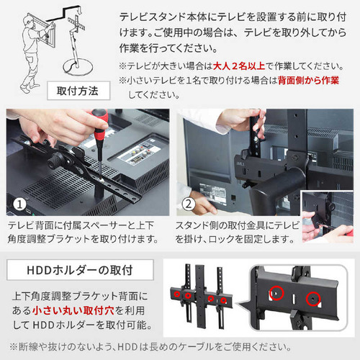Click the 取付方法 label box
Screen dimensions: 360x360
tap(78, 91)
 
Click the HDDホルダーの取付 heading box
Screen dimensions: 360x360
tap(80, 270)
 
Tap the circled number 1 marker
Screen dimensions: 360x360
tap(19, 204)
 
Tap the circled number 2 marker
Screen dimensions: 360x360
tap(189, 204)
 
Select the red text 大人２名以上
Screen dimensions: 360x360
tap(239, 66)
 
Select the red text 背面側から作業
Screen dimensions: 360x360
tap(308, 81)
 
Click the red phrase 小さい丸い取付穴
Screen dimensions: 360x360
tap(73, 310)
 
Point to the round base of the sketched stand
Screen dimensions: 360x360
tap(78, 67)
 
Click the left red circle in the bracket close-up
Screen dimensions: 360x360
tap(276, 293)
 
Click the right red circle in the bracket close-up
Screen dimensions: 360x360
tap(313, 299)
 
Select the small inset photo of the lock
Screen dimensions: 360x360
tap(328, 217)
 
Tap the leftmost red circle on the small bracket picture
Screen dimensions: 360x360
tap(177, 294)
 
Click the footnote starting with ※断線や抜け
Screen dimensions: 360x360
tap(150, 347)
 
